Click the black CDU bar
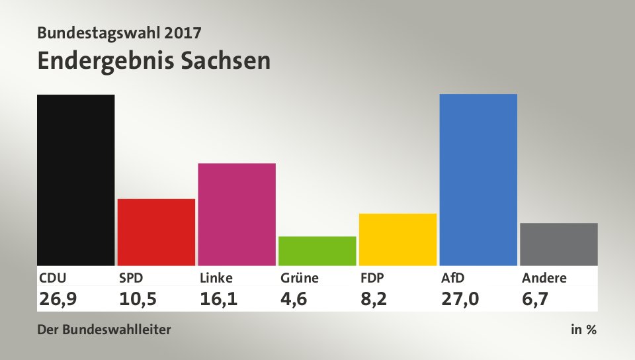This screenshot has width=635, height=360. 76,180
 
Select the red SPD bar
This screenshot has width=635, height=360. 156,232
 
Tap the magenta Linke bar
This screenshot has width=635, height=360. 237,214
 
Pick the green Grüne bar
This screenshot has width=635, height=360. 317,251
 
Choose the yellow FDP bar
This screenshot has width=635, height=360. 398,239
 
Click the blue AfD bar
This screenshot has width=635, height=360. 478,179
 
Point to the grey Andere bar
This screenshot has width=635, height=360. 559,244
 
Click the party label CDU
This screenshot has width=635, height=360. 53,278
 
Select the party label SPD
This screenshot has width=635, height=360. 132,278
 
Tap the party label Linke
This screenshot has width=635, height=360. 216,278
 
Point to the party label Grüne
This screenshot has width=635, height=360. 299,278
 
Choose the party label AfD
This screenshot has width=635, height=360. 452,278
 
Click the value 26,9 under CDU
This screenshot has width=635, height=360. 58,299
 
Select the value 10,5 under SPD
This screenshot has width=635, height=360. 138,299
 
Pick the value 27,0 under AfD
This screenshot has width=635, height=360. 460,299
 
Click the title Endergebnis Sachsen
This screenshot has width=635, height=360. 154,60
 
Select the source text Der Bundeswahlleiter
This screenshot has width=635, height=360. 105,330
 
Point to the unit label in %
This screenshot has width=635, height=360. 583,330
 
